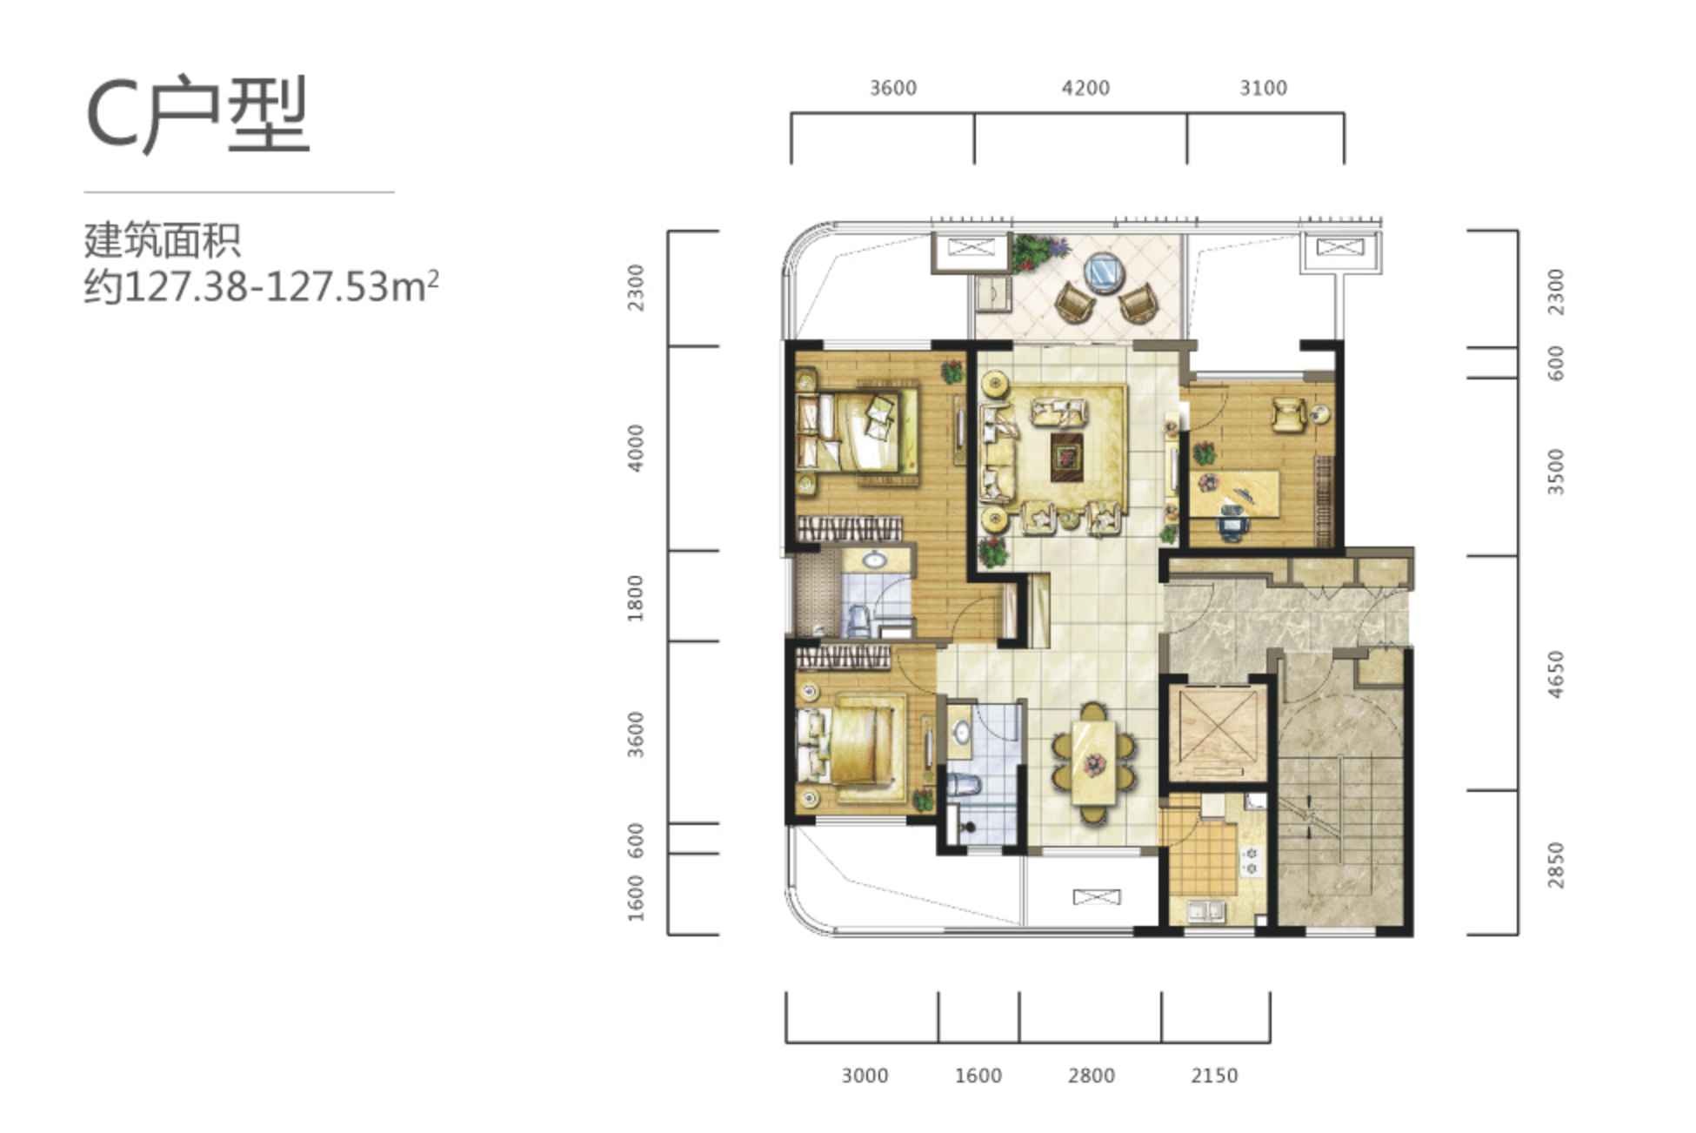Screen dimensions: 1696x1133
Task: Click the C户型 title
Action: click(x=197, y=114)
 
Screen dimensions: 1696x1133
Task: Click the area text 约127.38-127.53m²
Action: click(x=261, y=285)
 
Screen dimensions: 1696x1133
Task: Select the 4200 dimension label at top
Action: click(x=1085, y=88)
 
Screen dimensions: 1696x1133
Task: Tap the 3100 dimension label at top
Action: click(x=1263, y=88)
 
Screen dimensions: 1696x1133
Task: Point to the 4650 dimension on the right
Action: click(x=1556, y=674)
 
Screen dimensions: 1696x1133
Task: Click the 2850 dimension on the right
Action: click(x=1556, y=865)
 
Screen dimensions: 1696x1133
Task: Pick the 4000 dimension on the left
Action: click(x=636, y=448)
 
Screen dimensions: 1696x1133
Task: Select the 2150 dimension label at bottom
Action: click(x=1214, y=1076)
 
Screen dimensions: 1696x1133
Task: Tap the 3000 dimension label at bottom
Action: click(x=865, y=1076)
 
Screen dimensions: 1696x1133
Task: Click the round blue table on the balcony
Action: click(x=1104, y=272)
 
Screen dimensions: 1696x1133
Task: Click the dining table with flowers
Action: click(x=1093, y=763)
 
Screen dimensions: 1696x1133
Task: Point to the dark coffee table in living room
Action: click(x=1067, y=457)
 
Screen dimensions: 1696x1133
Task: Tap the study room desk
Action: click(x=1235, y=493)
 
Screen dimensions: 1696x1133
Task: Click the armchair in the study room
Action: click(x=1288, y=414)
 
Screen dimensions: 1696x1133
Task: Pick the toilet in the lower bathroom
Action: click(x=963, y=785)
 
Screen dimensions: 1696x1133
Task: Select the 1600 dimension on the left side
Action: click(x=636, y=897)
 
